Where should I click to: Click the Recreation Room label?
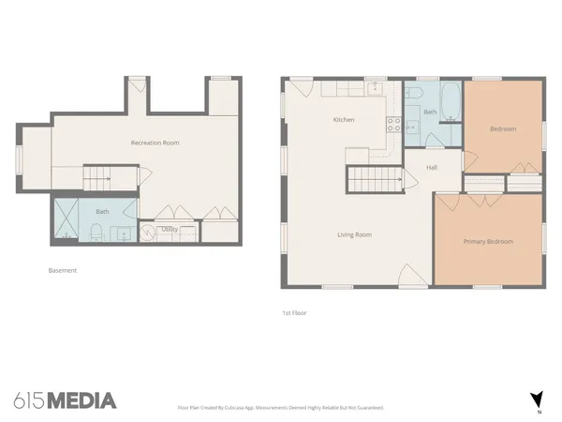click(155, 143)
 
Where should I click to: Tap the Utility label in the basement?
click(170, 228)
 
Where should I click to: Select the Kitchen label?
click(343, 120)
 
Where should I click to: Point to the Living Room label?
click(355, 234)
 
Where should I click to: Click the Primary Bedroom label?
click(488, 242)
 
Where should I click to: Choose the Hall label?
click(432, 168)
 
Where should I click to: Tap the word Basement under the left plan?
click(62, 270)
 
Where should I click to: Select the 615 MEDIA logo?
click(65, 400)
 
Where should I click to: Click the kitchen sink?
click(374, 88)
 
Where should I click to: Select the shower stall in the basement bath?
click(67, 220)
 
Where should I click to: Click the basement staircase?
click(98, 175)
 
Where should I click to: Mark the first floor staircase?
click(365, 176)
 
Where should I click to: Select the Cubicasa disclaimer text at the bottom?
click(280, 408)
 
